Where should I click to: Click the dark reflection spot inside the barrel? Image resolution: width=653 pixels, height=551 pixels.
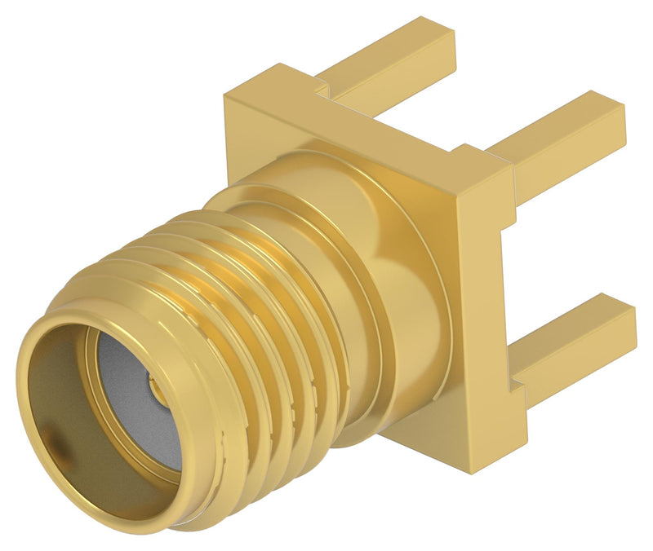click(x=59, y=444)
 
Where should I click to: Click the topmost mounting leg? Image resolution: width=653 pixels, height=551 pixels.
click(x=392, y=57)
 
